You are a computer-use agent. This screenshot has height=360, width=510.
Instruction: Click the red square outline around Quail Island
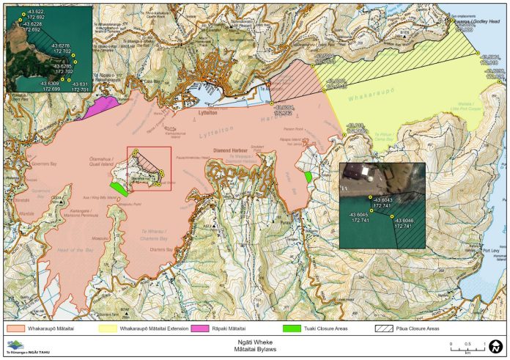[x=149, y=169]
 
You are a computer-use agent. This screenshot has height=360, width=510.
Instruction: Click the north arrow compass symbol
[x=495, y=345]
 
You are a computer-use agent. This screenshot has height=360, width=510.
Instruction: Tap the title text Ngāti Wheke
[x=255, y=341]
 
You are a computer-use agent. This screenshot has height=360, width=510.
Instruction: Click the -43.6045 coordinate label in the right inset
[x=358, y=215]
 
